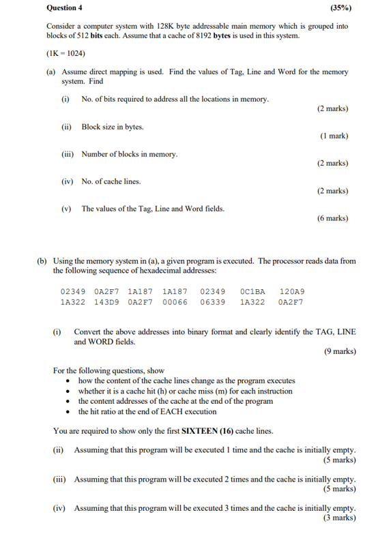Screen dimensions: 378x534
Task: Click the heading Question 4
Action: coord(64,8)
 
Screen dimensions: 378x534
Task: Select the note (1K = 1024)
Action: coord(66,53)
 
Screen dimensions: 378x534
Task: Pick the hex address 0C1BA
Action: coord(253,291)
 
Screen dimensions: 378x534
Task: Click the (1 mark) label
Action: coord(334,136)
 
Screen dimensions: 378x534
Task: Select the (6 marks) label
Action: coord(332,218)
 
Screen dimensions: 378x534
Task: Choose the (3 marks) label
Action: coord(340,518)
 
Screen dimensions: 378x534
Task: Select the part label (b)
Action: coord(42,261)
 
